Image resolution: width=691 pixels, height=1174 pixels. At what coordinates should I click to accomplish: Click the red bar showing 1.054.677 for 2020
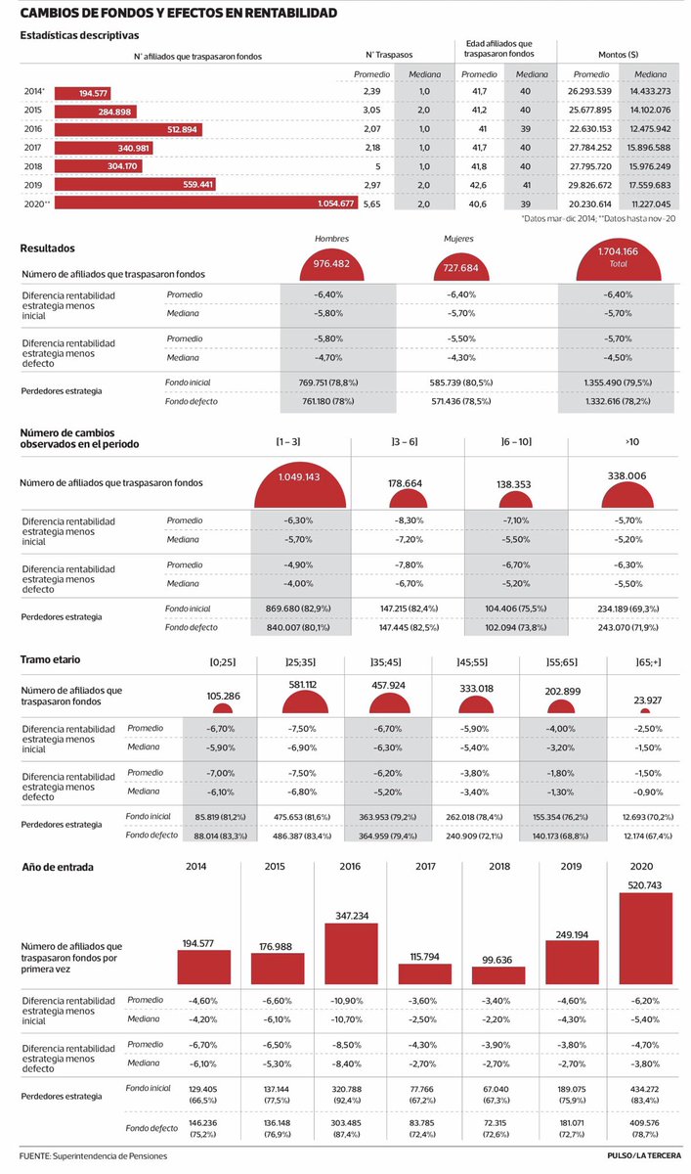point(206,203)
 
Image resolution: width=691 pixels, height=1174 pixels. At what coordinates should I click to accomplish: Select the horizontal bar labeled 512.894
point(128,129)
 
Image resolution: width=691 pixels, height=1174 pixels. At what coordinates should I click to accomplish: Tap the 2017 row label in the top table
point(32,148)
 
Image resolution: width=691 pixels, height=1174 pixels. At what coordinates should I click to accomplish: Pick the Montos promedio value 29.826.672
point(590,185)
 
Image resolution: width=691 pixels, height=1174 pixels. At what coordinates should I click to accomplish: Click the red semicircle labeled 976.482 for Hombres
point(331,267)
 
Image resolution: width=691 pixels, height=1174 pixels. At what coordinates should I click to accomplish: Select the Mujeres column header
point(458,239)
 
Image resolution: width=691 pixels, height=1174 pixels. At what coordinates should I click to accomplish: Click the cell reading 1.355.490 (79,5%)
point(618,383)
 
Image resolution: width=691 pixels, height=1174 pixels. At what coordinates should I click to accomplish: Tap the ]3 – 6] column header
point(405,442)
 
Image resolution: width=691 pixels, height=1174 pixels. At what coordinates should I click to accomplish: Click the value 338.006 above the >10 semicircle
point(627,475)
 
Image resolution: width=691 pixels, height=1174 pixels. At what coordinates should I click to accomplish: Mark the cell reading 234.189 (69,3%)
point(628,609)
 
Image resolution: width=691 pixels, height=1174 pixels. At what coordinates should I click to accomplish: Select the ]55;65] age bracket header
point(562,662)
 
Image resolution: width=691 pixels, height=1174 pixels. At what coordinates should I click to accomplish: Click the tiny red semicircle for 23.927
point(645,710)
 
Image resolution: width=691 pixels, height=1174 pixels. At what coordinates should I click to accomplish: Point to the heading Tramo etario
point(50,659)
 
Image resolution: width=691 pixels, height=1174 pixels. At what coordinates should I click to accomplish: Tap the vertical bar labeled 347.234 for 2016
point(351,953)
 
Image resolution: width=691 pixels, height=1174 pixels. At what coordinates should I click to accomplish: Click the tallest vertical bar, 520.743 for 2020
point(646,938)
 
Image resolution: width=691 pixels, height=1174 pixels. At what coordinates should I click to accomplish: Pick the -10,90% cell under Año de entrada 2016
point(346,1001)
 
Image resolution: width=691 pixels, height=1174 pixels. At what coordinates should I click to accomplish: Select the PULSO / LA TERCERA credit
point(644,1155)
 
